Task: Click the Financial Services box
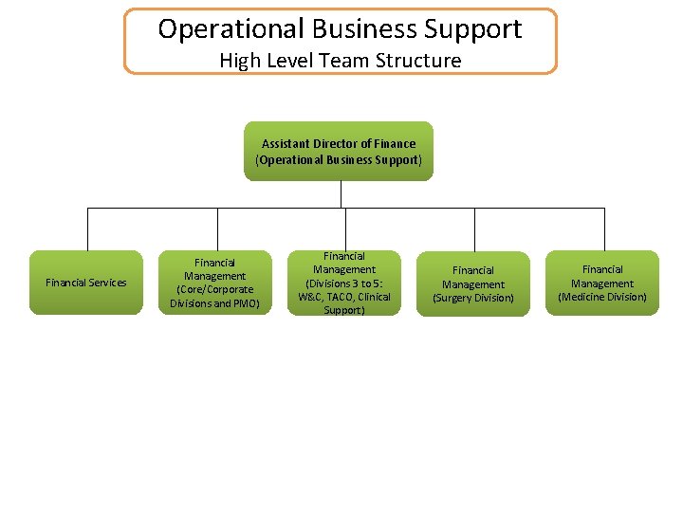coord(86,283)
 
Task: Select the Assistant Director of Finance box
coord(339,152)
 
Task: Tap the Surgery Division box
coord(473,283)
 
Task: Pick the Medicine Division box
coord(602,283)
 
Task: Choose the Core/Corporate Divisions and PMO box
coord(215,283)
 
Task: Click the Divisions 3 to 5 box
coord(344,283)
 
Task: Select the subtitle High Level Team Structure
coord(341,61)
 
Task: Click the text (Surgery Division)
coord(473,298)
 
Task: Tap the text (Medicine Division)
coord(602,297)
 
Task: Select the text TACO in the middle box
coord(339,297)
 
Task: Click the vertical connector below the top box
coord(341,193)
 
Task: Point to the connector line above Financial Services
coord(88,229)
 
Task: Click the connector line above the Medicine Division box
coord(604,229)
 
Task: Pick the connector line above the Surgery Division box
coord(474,229)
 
